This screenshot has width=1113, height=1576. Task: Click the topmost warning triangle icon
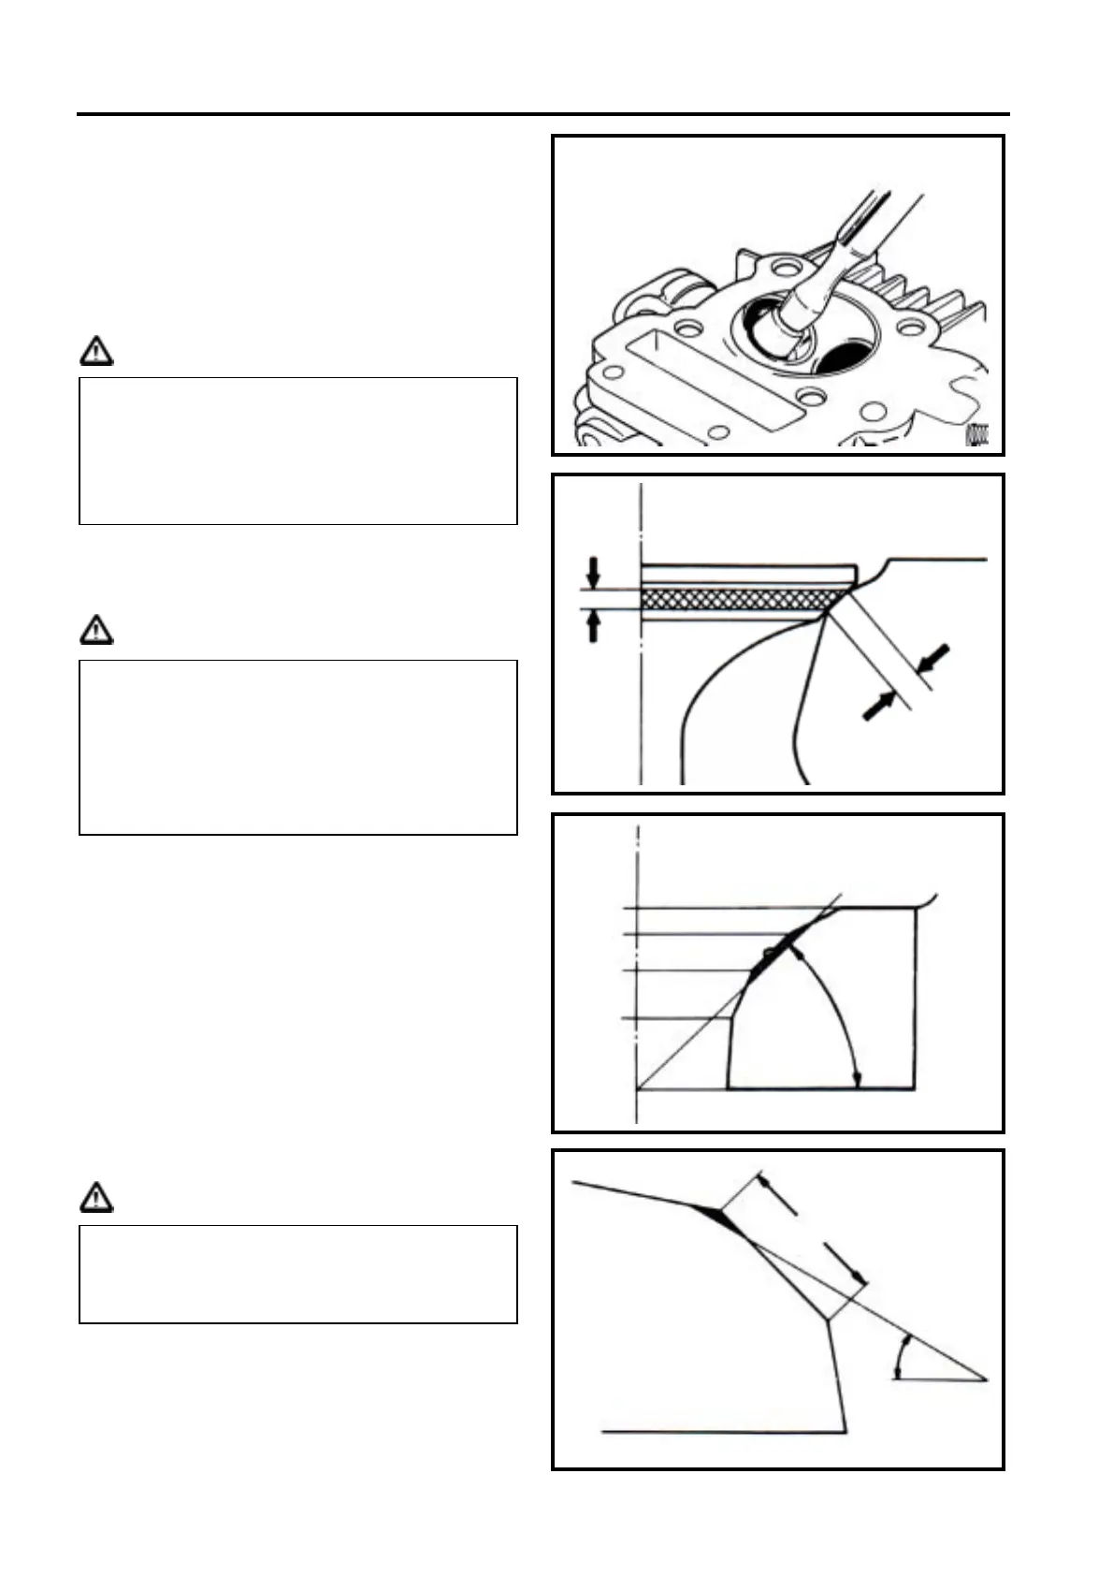click(x=96, y=351)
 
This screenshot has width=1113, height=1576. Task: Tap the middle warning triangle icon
click(x=96, y=631)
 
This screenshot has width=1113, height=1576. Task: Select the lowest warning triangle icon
click(x=96, y=1197)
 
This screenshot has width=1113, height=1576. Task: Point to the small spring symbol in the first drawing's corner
click(x=976, y=433)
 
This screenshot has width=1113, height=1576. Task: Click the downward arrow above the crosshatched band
click(x=592, y=572)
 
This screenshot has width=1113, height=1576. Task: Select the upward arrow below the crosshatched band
click(x=592, y=626)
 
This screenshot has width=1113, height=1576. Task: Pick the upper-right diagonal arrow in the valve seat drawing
click(x=935, y=658)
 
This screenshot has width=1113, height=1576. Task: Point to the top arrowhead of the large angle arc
click(x=795, y=953)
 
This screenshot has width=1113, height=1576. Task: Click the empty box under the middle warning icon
click(x=297, y=746)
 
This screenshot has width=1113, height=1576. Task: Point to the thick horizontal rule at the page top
click(x=542, y=115)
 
